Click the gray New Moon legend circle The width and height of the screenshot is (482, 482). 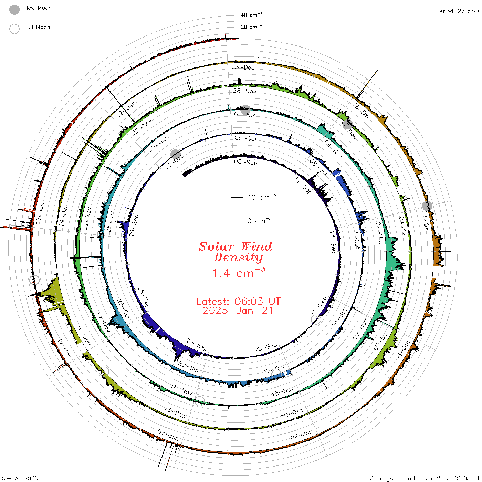(14, 10)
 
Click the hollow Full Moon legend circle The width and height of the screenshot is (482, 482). (14, 29)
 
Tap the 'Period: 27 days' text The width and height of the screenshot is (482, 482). (458, 11)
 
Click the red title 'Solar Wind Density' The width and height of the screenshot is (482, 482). (235, 252)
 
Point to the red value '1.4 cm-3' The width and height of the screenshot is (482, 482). (239, 272)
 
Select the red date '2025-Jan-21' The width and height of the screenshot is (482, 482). (238, 311)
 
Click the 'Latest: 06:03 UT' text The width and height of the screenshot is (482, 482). (238, 301)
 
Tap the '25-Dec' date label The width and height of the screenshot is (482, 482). (243, 67)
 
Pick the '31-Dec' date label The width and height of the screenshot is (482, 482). (425, 222)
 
